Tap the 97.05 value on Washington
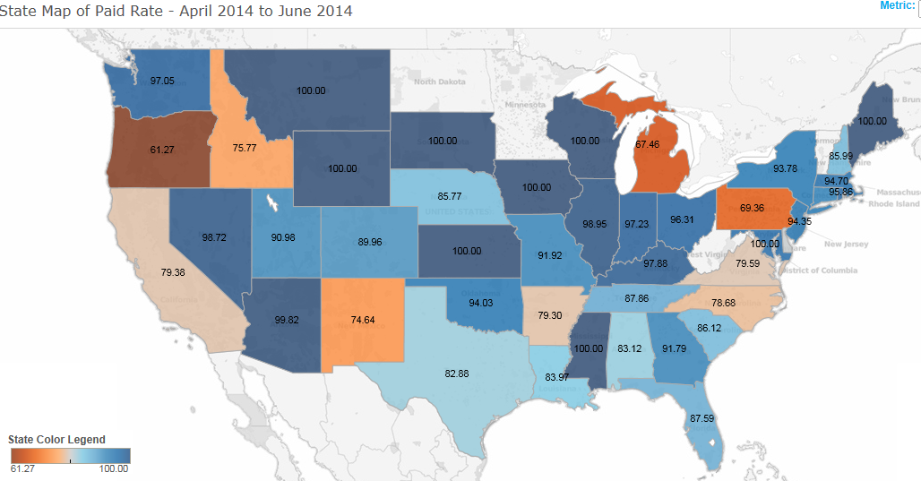[x=162, y=81]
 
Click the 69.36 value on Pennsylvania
[x=753, y=208]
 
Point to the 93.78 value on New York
[x=786, y=168]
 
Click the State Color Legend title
[x=56, y=440]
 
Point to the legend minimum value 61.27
[x=22, y=468]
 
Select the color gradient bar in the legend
[x=70, y=455]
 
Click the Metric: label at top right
[x=896, y=5]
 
